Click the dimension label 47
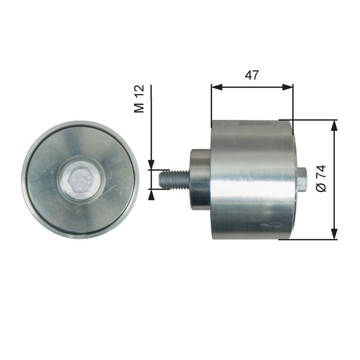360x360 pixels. coord(252,75)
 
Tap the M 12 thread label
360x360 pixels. coord(140,99)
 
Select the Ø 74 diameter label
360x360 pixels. coord(321,179)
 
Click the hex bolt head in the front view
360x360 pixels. coord(81,180)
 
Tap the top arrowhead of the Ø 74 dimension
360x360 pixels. coord(334,126)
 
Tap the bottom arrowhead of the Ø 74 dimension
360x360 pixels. coord(334,234)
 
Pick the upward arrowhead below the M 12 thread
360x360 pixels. coord(152,194)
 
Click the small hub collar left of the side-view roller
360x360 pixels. coord(200,179)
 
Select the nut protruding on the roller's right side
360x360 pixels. coord(301,179)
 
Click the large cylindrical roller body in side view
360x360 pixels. coord(252,180)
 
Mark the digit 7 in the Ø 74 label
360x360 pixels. coord(321,175)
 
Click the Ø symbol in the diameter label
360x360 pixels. coord(321,188)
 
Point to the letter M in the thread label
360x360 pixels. coord(140,107)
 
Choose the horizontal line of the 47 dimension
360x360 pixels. coord(252,87)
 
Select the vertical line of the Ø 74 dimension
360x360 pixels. coord(334,202)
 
